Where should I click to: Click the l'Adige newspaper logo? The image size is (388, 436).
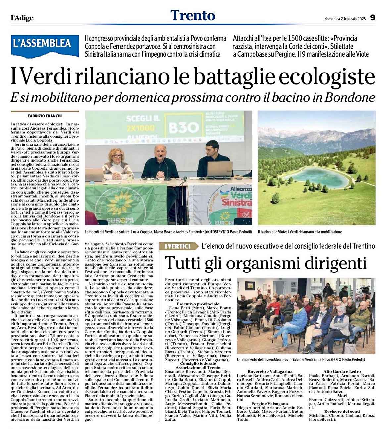(x=22, y=18)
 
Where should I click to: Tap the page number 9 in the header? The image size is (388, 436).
(x=372, y=18)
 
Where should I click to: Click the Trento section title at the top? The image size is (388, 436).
(x=193, y=15)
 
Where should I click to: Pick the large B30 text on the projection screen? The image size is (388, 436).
(x=183, y=127)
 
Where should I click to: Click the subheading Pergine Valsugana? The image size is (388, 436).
(x=269, y=404)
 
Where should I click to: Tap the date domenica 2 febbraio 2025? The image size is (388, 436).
(x=345, y=19)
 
